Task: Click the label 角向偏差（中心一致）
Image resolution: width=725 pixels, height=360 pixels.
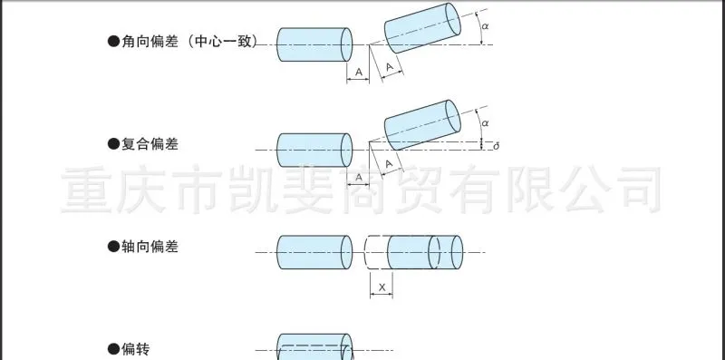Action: [189, 42]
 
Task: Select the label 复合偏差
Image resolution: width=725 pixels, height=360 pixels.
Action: [150, 144]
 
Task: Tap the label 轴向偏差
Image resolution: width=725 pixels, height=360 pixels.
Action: [150, 247]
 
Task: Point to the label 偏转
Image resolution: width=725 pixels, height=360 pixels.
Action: [135, 349]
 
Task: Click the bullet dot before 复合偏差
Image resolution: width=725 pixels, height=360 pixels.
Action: [113, 144]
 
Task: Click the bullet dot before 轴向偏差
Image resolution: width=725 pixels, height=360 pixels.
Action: [113, 247]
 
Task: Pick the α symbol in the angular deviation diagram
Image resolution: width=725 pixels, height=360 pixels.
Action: [485, 26]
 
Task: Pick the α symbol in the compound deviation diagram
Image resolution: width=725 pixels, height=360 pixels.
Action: [485, 123]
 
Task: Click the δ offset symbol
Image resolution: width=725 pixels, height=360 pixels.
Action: [497, 146]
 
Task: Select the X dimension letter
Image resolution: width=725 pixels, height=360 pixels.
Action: [382, 287]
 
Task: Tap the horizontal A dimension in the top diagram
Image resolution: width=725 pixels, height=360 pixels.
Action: [359, 73]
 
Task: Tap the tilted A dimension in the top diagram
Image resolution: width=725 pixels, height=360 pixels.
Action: [390, 67]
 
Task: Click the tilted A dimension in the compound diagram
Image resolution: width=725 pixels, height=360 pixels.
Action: [389, 164]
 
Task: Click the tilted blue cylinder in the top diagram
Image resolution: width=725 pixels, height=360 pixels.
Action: [422, 28]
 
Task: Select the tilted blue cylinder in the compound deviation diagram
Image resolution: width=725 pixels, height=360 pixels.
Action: [422, 125]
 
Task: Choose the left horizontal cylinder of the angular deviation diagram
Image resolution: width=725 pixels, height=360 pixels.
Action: [314, 44]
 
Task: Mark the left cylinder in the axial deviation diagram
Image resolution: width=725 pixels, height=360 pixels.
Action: [314, 252]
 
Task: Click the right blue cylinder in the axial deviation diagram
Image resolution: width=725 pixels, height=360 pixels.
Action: [425, 252]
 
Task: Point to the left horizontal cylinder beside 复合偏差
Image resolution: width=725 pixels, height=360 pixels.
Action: [314, 150]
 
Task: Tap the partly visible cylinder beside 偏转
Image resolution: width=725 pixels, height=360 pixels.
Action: [314, 346]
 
